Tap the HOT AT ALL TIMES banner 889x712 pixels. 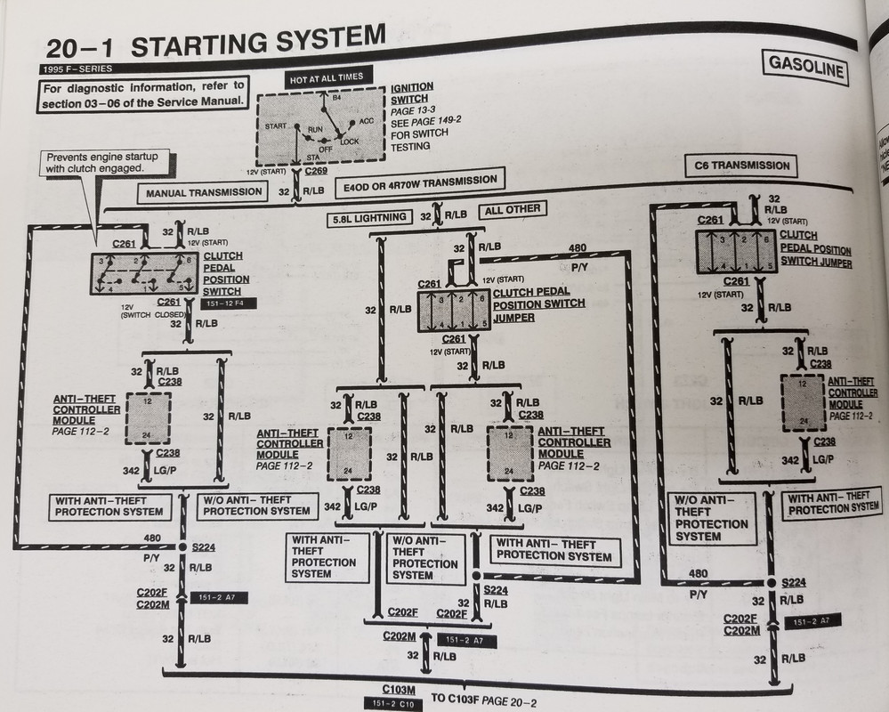(x=325, y=79)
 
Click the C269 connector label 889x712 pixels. (x=315, y=171)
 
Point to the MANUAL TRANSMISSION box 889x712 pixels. (x=204, y=191)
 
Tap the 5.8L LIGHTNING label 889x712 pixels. (x=369, y=216)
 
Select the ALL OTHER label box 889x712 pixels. (x=510, y=210)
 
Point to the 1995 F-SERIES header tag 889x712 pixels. (x=76, y=69)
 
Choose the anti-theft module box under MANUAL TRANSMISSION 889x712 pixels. (x=147, y=417)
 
